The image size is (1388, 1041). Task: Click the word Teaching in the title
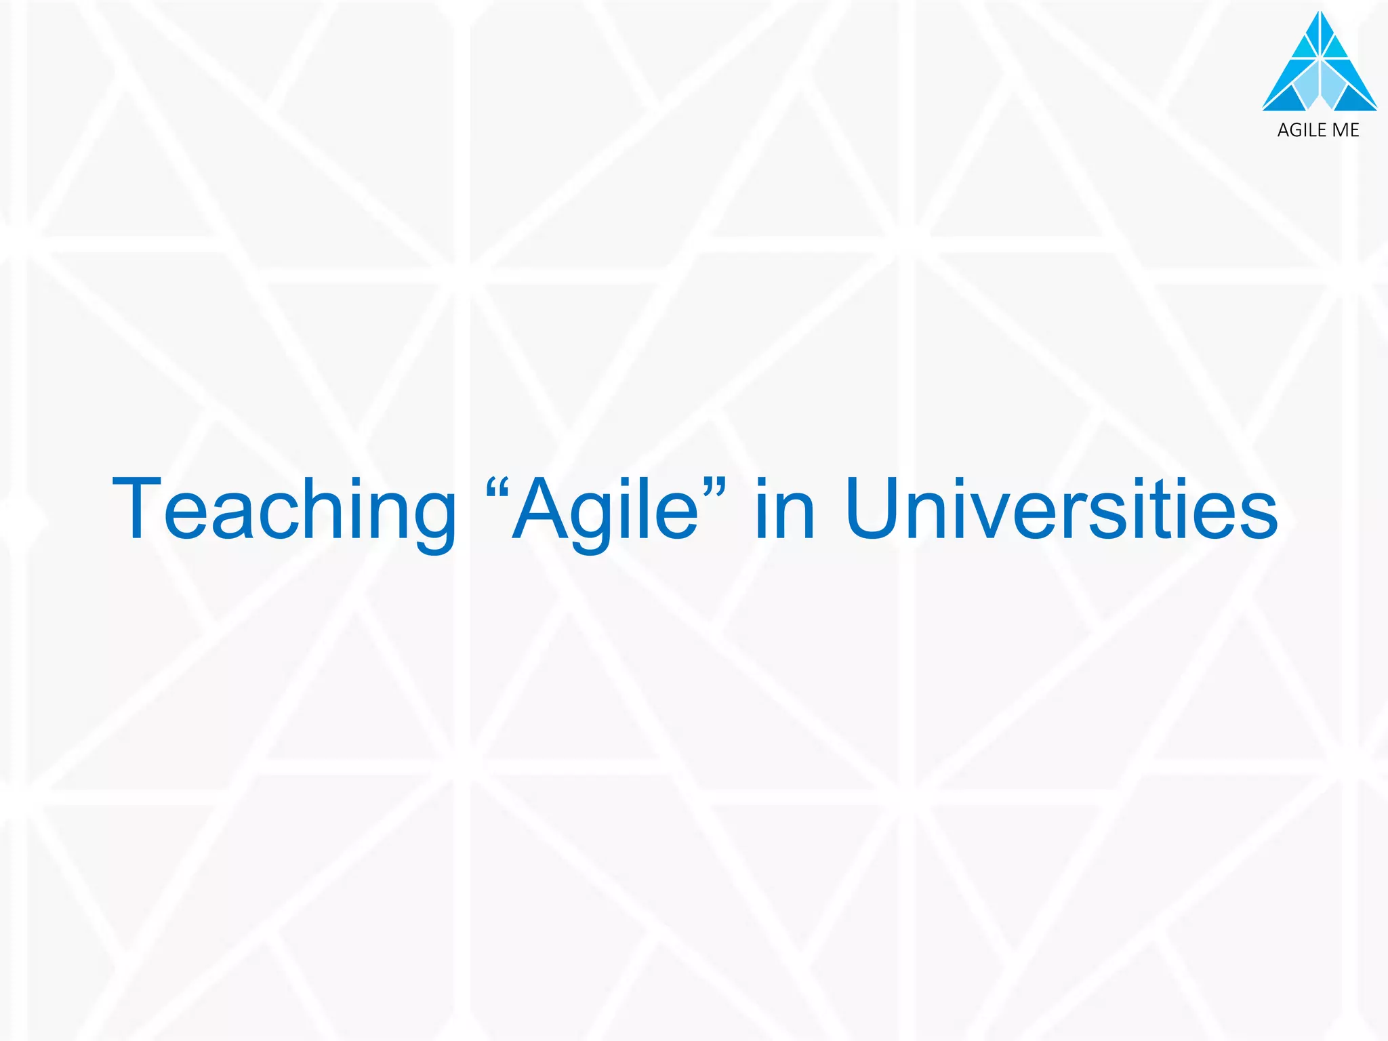[x=285, y=510]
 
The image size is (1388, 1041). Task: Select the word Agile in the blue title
[x=606, y=510]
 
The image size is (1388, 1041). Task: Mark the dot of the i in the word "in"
[x=761, y=483]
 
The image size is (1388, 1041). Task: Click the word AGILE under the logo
[x=1302, y=130]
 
